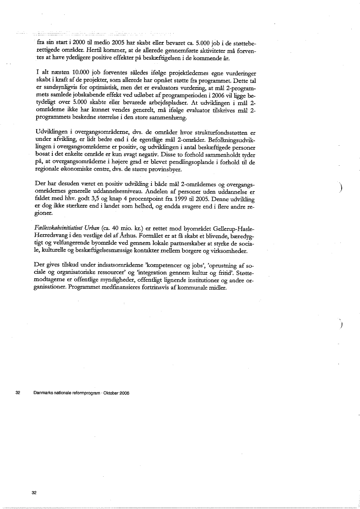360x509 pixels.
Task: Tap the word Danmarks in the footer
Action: coord(42,393)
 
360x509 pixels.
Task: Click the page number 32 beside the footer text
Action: coord(18,393)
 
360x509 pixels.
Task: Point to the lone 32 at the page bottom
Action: coord(34,492)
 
